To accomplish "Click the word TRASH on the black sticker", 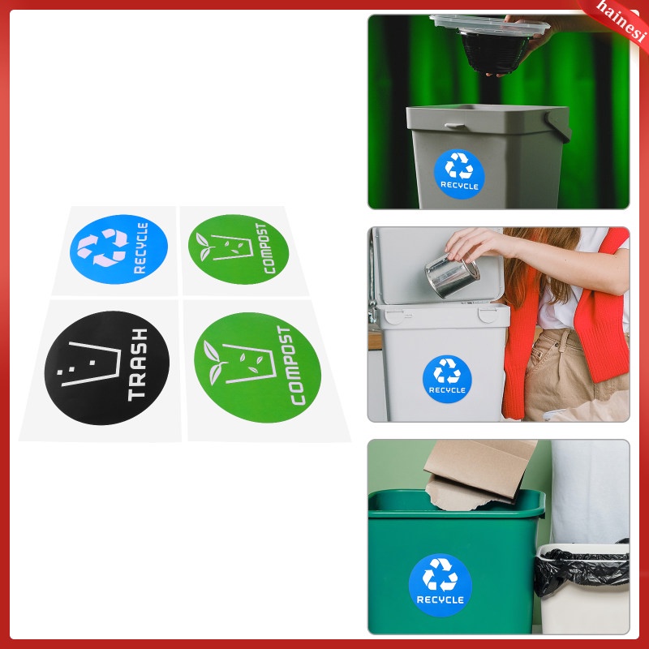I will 137,364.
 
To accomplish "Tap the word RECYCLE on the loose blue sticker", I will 141,247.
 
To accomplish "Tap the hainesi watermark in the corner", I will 621,15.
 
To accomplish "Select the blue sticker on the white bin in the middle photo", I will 447,377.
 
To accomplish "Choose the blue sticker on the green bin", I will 440,585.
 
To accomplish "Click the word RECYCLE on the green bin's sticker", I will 440,600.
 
